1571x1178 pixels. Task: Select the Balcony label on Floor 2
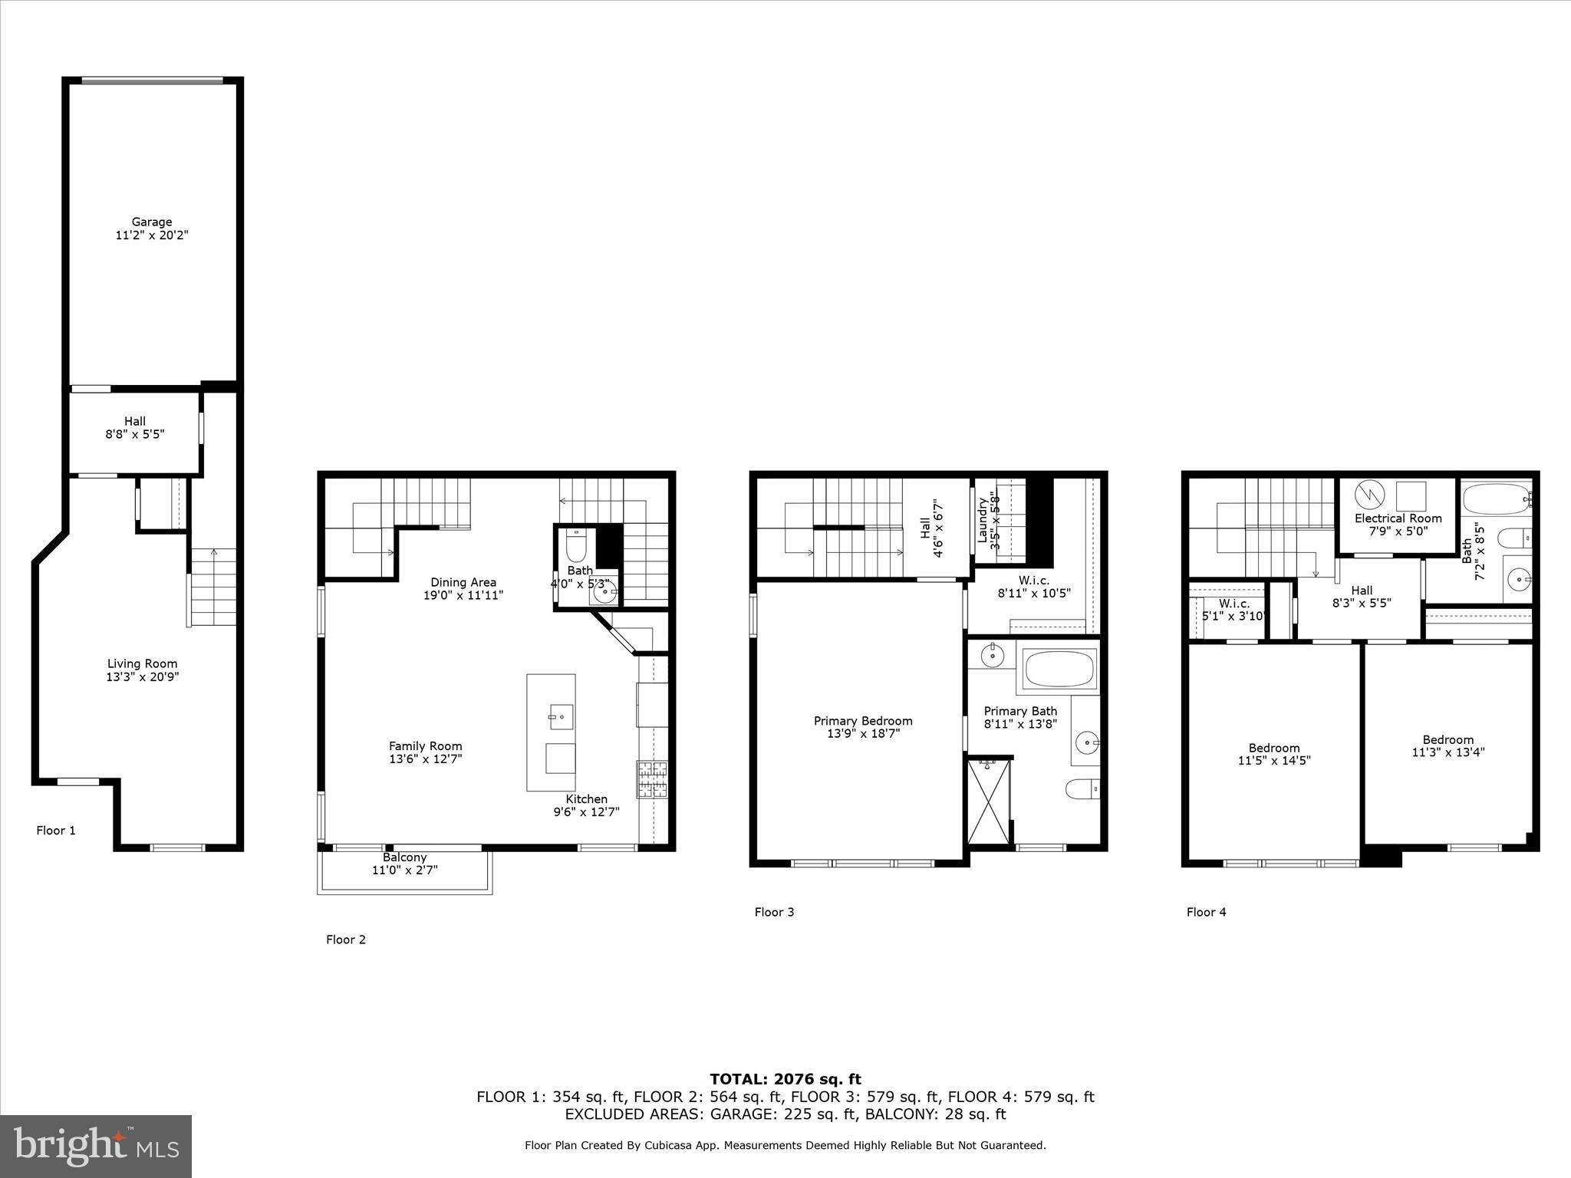(x=404, y=857)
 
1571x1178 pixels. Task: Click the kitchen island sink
(x=562, y=717)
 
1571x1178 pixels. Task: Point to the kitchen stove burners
(x=652, y=780)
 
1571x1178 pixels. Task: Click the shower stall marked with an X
(x=990, y=801)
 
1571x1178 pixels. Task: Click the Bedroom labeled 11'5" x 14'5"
(x=1274, y=754)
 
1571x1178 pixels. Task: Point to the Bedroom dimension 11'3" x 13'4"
(x=1448, y=752)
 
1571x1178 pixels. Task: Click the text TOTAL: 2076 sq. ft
(x=785, y=1079)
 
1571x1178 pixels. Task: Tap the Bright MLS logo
(x=96, y=1147)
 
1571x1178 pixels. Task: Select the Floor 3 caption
(x=774, y=912)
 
